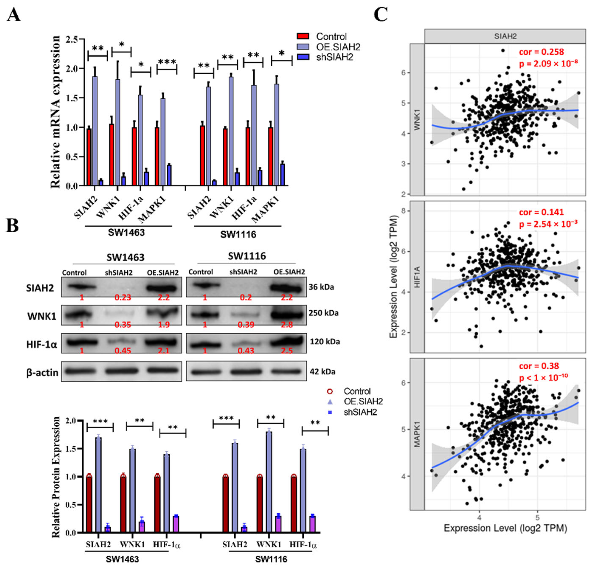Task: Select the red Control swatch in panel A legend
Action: point(303,36)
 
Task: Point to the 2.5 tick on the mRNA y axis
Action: point(72,39)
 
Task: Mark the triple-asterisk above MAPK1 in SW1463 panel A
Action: point(167,62)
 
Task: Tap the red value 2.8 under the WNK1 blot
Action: point(287,325)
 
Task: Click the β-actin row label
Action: point(42,372)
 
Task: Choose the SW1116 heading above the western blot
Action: point(247,256)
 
